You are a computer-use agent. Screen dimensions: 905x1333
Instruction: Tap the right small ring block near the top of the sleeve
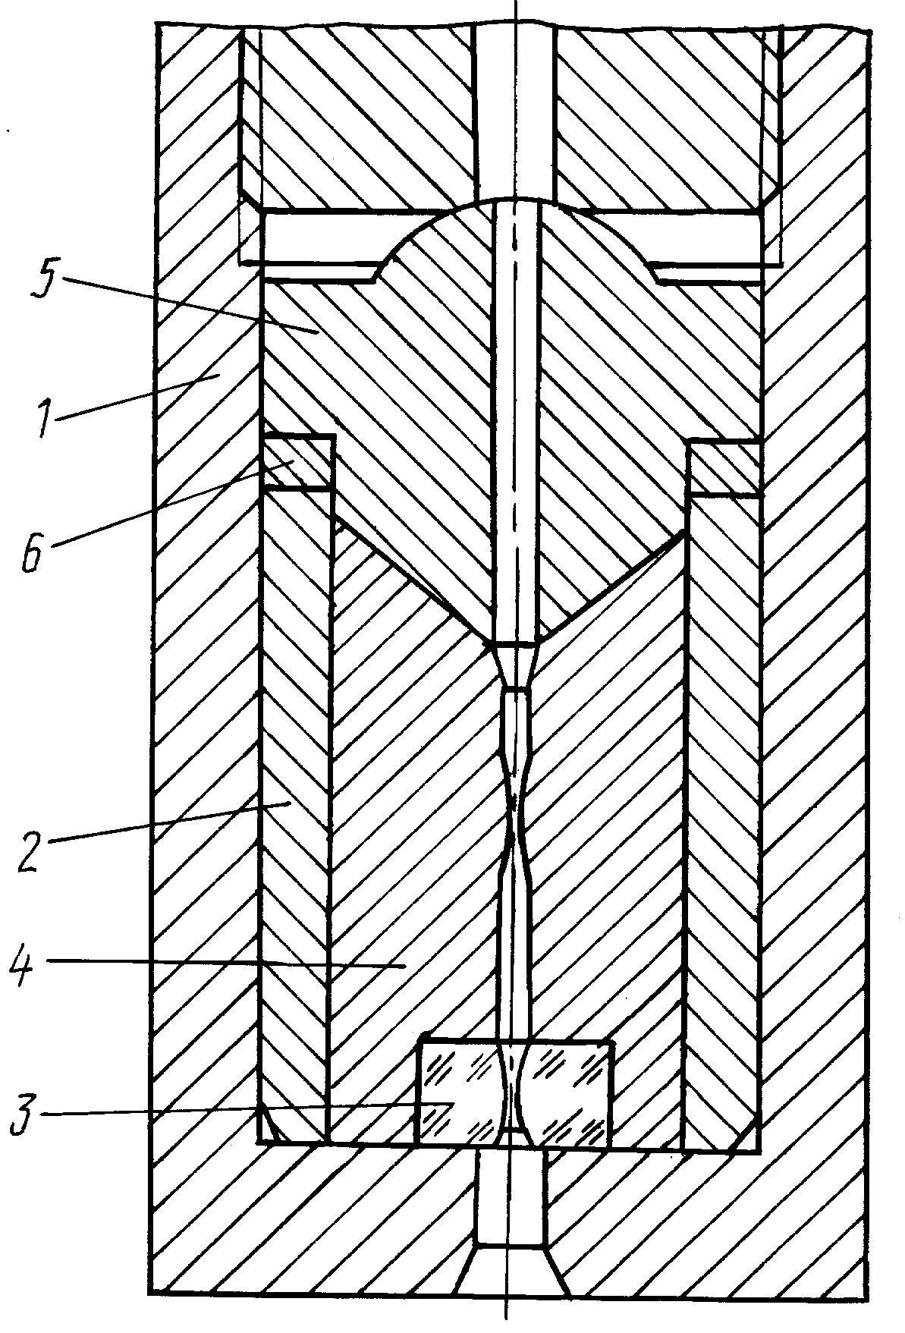coord(723,468)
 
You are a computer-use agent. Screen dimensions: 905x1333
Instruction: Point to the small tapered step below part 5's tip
coord(516,666)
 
